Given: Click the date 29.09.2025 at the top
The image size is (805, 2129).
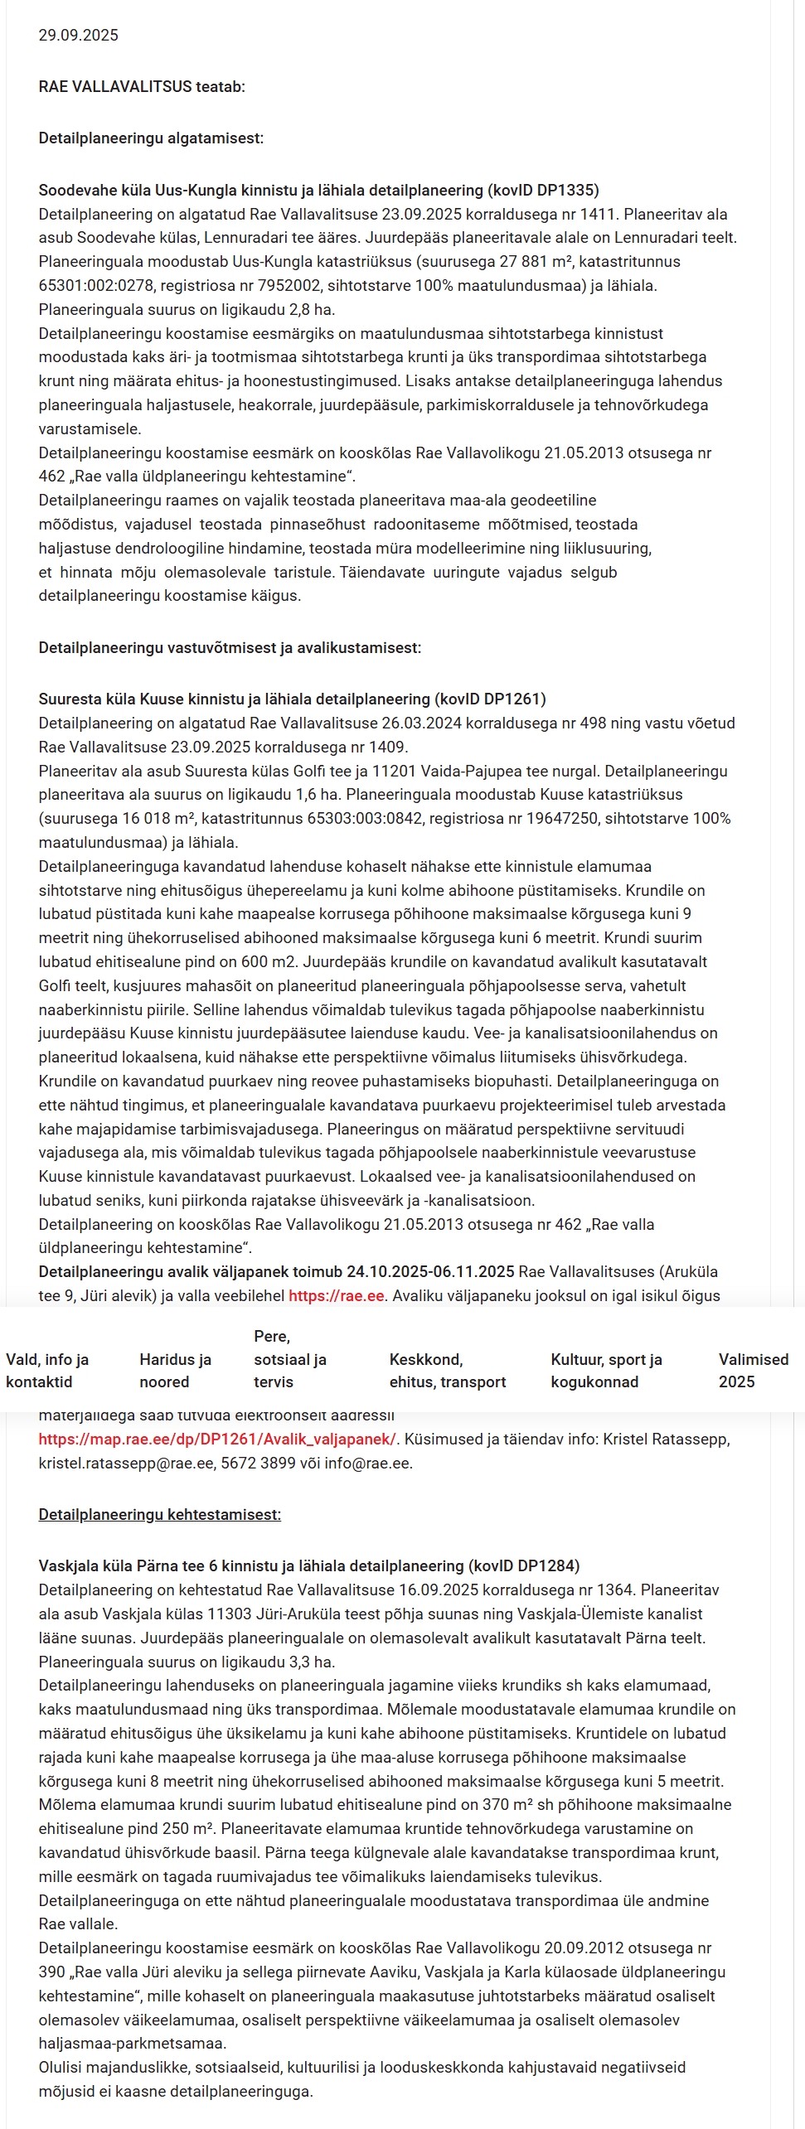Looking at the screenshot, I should tap(79, 35).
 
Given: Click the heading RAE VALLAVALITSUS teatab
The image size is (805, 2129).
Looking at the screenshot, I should tap(142, 86).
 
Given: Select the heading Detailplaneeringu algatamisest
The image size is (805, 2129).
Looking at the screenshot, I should tap(151, 138).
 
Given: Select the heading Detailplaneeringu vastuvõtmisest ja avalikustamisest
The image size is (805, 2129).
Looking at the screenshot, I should tap(230, 647).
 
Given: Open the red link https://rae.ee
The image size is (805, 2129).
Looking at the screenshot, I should tap(337, 1295).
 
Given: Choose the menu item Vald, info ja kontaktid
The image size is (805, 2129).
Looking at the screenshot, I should tap(47, 1370).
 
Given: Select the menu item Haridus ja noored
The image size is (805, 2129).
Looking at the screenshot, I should tap(175, 1370).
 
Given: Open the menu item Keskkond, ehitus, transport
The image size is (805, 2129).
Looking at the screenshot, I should tap(447, 1370).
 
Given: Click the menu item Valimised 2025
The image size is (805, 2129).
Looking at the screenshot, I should tap(754, 1370).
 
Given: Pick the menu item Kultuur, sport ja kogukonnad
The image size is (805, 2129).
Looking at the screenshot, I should tap(606, 1370).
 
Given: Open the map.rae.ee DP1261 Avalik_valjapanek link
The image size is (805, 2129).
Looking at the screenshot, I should tap(217, 1439).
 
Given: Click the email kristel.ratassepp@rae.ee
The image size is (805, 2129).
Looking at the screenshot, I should tap(124, 1463).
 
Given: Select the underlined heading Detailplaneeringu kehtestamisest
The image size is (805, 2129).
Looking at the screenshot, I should tap(160, 1514).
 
